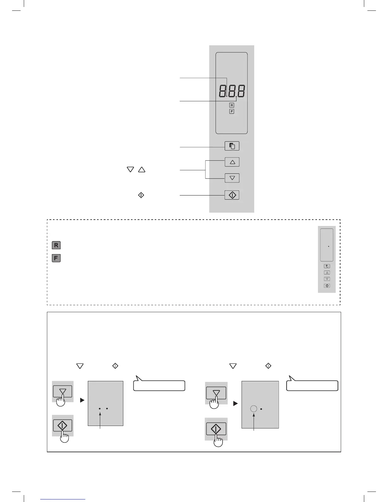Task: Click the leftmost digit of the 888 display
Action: click(223, 91)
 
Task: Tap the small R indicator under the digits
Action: click(232, 105)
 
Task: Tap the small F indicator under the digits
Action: click(232, 112)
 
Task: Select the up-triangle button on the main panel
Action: click(232, 162)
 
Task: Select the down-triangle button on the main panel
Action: click(232, 178)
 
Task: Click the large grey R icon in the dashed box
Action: click(56, 245)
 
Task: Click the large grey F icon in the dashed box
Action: click(56, 258)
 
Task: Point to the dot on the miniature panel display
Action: click(329, 246)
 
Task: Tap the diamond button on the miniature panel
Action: click(327, 286)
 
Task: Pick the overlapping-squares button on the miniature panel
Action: click(327, 266)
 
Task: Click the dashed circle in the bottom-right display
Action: click(254, 409)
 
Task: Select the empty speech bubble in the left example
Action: click(159, 385)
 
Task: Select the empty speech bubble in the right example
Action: click(312, 385)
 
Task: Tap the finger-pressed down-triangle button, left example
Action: click(62, 392)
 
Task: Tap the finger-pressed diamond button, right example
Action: click(216, 429)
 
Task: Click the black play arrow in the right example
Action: click(235, 404)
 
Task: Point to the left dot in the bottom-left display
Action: click(100, 409)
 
